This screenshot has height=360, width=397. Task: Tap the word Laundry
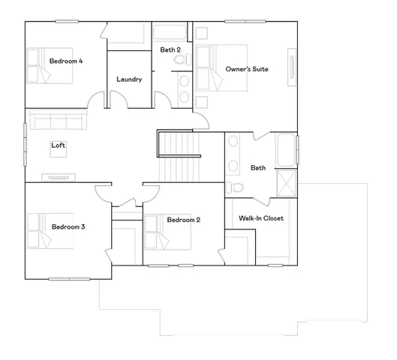(x=129, y=79)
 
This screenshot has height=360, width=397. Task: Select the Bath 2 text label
(x=170, y=49)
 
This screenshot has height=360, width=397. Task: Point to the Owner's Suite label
(x=247, y=69)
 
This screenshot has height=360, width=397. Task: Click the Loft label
(x=58, y=145)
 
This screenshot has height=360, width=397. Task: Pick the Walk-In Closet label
(x=261, y=219)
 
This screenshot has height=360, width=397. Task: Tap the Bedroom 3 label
(x=68, y=226)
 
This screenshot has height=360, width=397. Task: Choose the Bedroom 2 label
(x=183, y=220)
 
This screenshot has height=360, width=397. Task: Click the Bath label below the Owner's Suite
(x=258, y=168)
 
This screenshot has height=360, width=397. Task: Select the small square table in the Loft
(x=58, y=156)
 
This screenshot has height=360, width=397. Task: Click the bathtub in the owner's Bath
(x=287, y=150)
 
